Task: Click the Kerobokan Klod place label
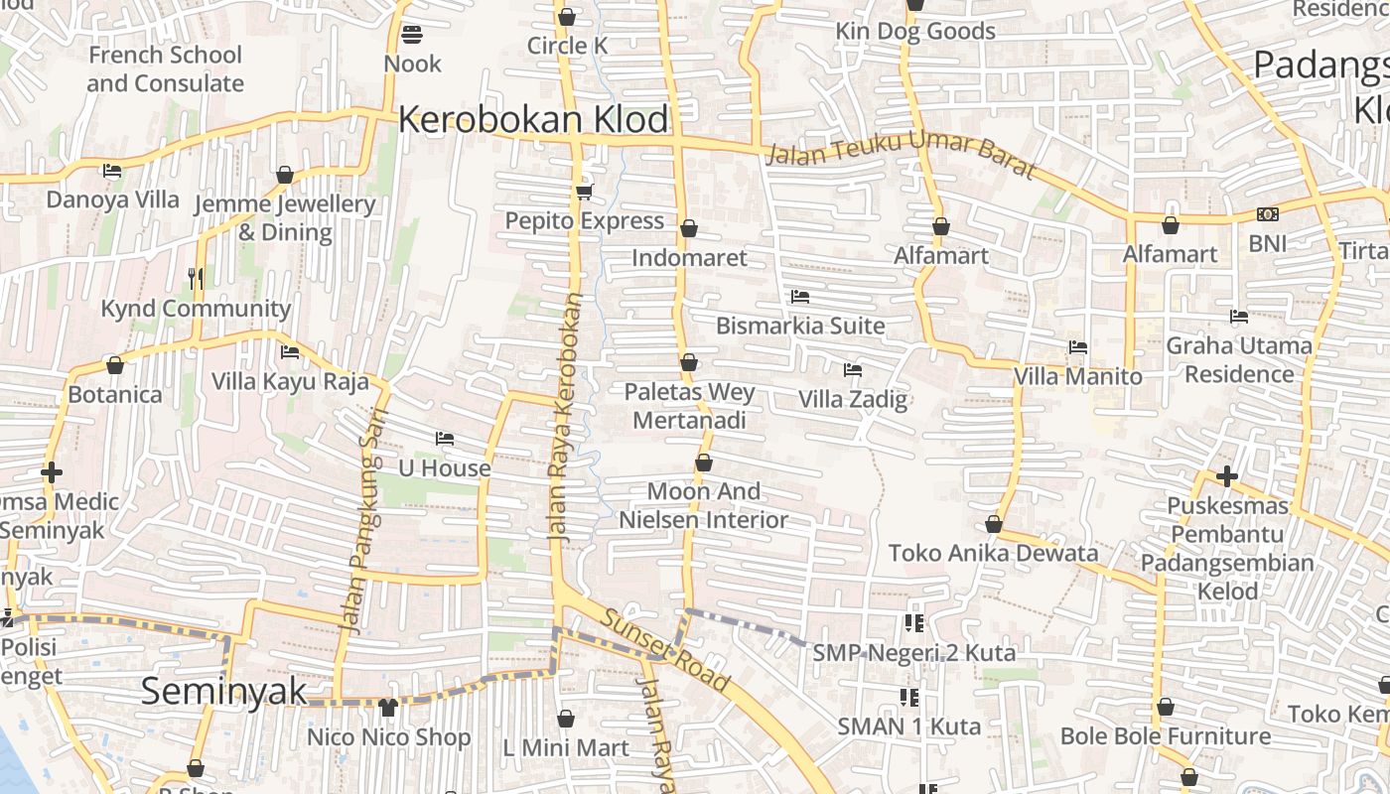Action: [x=534, y=120]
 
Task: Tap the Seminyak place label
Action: [x=223, y=691]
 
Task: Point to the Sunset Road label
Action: [x=664, y=650]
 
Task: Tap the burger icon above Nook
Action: [x=412, y=35]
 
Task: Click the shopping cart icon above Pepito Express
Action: [x=584, y=192]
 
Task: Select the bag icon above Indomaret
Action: [x=689, y=229]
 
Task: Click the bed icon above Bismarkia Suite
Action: [x=800, y=297]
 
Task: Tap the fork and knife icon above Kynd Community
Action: [x=196, y=279]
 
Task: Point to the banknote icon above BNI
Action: [x=1267, y=214]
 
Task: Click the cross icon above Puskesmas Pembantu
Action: [x=1227, y=476]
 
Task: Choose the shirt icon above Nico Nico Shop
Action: [x=388, y=708]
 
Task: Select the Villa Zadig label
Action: [x=853, y=399]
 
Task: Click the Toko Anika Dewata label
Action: [x=993, y=553]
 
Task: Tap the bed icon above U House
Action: [x=445, y=439]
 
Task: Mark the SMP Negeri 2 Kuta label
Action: [x=913, y=652]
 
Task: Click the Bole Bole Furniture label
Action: [x=1165, y=735]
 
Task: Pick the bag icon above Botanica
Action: [x=115, y=365]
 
